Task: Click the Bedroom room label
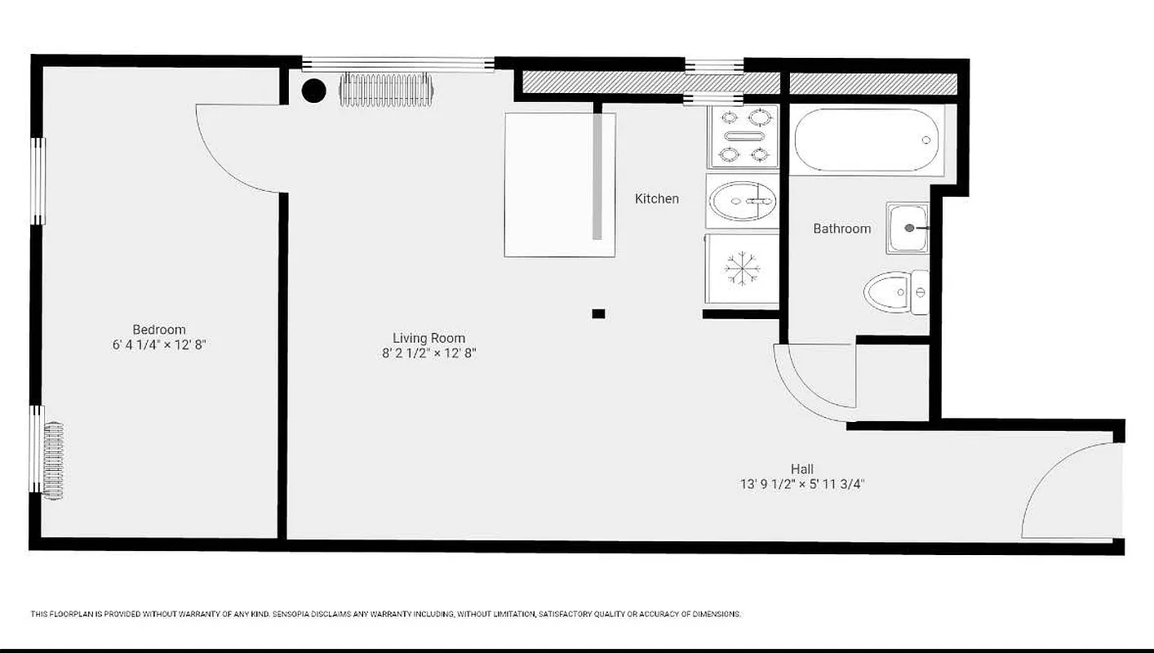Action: pos(159,330)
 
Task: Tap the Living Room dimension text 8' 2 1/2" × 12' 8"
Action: pos(428,353)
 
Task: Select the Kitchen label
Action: pos(656,198)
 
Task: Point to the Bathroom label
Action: pos(841,229)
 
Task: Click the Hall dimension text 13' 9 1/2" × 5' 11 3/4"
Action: pos(801,484)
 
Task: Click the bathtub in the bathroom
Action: pos(867,140)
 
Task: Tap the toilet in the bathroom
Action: pos(894,292)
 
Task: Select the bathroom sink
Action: pos(908,229)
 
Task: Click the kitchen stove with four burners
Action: pos(743,135)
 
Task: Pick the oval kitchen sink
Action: pos(742,201)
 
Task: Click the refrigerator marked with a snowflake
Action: pos(742,269)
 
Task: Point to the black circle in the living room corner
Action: pos(313,91)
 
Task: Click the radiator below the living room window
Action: pos(385,90)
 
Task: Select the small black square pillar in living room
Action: pos(598,313)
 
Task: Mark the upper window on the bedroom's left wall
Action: pos(38,180)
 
